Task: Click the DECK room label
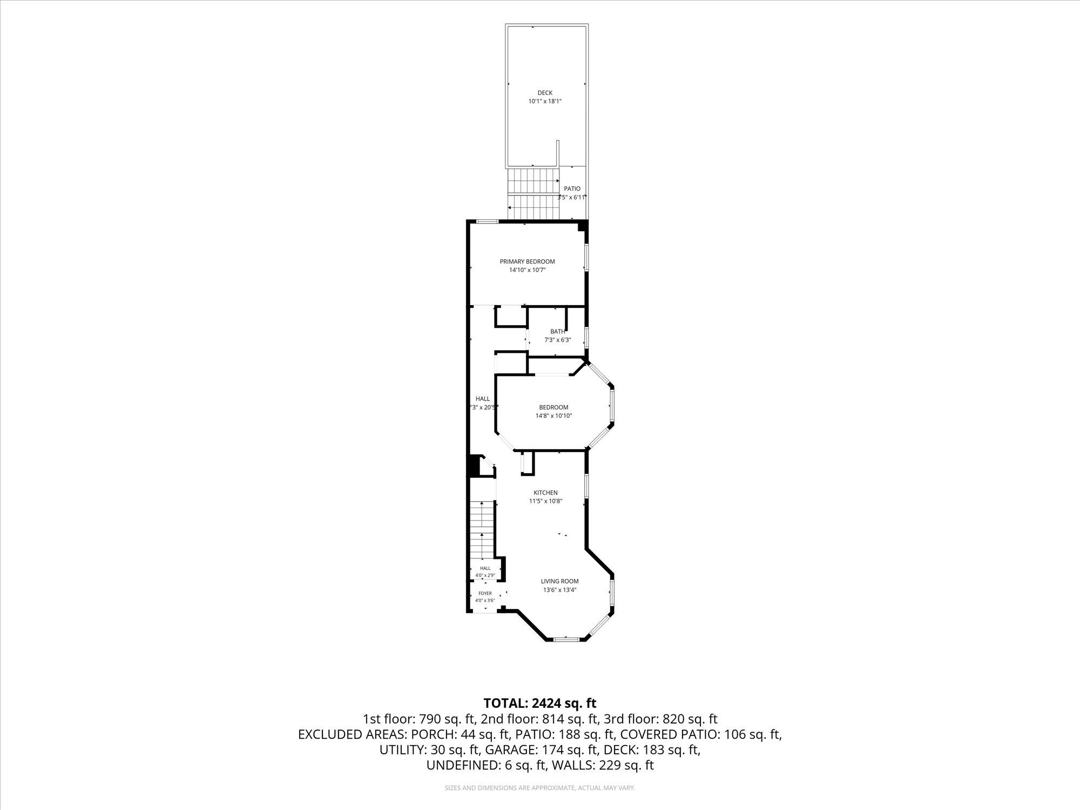pyautogui.click(x=545, y=93)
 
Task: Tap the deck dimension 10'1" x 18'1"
pyautogui.click(x=545, y=101)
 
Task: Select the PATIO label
pyautogui.click(x=572, y=189)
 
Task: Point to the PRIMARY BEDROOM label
pyautogui.click(x=527, y=261)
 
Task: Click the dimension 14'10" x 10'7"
pyautogui.click(x=528, y=270)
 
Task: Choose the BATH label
pyautogui.click(x=558, y=332)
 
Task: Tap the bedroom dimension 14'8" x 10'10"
pyautogui.click(x=553, y=416)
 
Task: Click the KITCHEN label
pyautogui.click(x=545, y=492)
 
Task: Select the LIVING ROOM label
pyautogui.click(x=560, y=581)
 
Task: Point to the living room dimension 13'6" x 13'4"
pyautogui.click(x=560, y=590)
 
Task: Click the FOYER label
pyautogui.click(x=485, y=593)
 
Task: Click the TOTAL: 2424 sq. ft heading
pyautogui.click(x=540, y=703)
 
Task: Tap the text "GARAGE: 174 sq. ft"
pyautogui.click(x=543, y=750)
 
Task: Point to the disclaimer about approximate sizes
pyautogui.click(x=540, y=788)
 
